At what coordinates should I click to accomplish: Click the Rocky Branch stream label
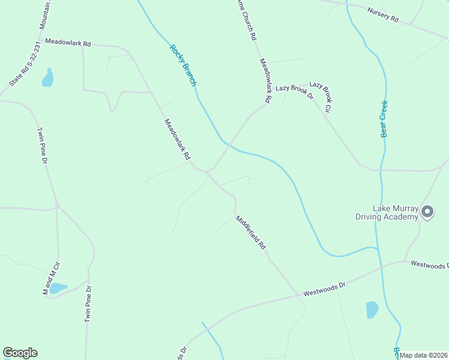point(183,66)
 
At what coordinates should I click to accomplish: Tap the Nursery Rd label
point(383,16)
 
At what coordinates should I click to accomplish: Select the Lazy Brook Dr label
point(295,91)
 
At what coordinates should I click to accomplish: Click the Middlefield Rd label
point(251,232)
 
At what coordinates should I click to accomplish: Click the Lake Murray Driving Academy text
point(395,212)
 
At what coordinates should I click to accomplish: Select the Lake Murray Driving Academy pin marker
point(427,212)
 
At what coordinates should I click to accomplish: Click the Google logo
point(20,353)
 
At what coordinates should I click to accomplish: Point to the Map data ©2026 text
point(424,355)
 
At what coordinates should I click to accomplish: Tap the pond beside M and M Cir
point(58,289)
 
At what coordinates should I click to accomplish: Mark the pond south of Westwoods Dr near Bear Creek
point(372,310)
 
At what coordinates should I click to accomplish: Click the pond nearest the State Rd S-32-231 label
point(47,78)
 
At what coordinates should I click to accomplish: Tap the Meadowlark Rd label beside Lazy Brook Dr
point(265,80)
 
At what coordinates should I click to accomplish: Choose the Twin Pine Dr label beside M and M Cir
point(88,304)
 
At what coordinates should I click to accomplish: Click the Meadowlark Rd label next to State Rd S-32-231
point(68,44)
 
